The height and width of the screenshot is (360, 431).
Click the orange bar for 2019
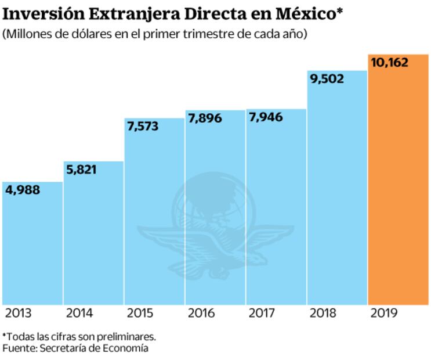click(398, 186)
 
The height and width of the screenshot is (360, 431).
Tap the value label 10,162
click(389, 62)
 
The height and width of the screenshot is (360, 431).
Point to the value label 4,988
click(23, 190)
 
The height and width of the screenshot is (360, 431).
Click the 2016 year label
click(201, 314)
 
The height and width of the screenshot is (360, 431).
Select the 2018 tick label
click(323, 314)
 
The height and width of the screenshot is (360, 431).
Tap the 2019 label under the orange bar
click(383, 314)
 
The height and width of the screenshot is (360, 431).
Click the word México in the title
click(302, 13)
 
